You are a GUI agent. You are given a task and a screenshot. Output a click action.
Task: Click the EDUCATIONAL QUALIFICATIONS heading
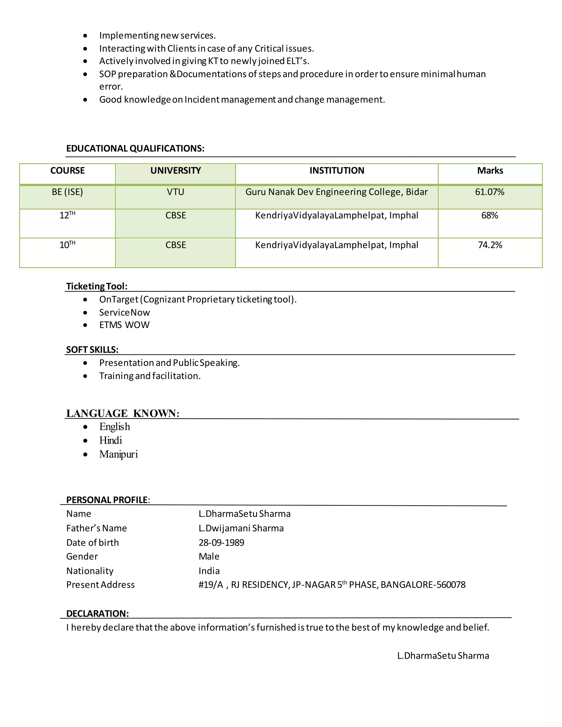click(x=135, y=148)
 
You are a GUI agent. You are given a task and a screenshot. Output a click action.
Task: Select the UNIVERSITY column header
click(x=175, y=170)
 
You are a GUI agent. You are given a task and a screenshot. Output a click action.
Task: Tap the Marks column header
click(x=490, y=170)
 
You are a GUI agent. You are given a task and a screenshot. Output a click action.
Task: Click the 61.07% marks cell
click(x=490, y=192)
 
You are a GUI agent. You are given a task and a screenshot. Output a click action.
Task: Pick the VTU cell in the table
click(x=175, y=192)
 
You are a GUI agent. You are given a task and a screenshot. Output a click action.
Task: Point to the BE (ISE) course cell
click(x=67, y=192)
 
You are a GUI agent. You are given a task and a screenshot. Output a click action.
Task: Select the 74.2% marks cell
click(x=490, y=245)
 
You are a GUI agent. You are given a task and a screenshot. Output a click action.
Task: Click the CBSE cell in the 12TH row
click(x=175, y=215)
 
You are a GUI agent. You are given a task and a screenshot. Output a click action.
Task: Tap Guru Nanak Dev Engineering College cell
click(x=336, y=192)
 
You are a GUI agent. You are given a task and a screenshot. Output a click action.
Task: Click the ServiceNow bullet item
click(x=125, y=312)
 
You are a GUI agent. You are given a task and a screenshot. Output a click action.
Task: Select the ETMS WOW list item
click(x=125, y=325)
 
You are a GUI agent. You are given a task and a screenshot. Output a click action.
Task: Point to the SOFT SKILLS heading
click(x=92, y=350)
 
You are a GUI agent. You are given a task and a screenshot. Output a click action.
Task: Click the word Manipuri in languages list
click(x=119, y=454)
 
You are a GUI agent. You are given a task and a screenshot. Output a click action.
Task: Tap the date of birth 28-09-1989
click(x=221, y=543)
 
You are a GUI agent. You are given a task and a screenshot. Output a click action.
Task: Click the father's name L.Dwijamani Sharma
click(x=241, y=528)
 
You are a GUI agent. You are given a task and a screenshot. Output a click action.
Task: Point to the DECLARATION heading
click(x=97, y=613)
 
